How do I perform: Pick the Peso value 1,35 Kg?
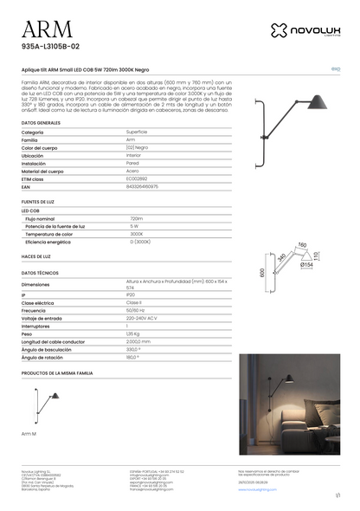point(132,333)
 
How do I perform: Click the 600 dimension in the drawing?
point(262,272)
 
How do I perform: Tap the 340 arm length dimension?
point(282,258)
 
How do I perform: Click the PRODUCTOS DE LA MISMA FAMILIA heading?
point(57,372)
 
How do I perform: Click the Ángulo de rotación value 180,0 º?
point(132,356)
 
